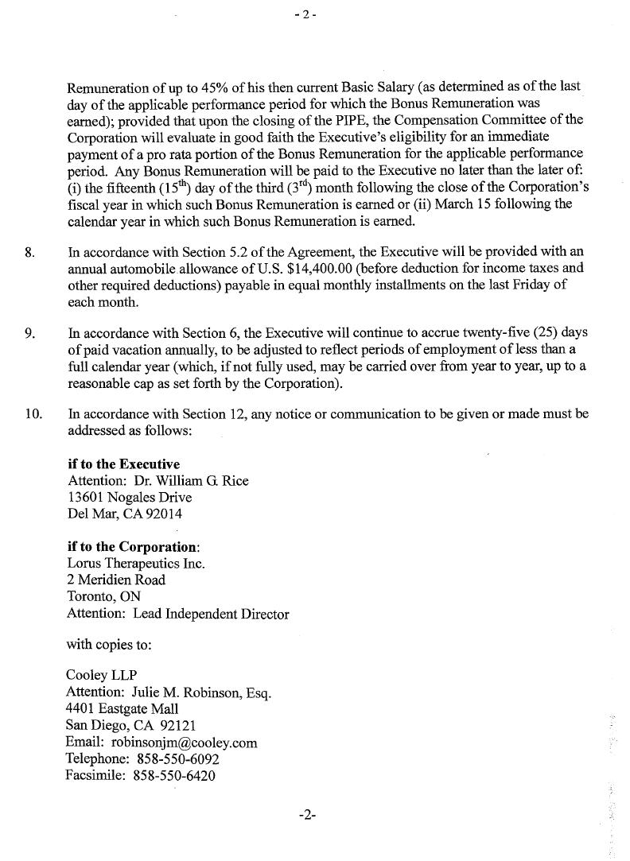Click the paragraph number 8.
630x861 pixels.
tap(29, 254)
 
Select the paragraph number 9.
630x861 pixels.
tap(29, 332)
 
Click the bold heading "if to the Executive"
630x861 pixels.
tap(124, 463)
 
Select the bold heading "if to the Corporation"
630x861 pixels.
tap(133, 547)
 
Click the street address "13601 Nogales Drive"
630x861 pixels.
tap(130, 497)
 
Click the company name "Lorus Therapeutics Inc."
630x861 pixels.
tap(136, 564)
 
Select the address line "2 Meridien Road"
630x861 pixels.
tap(116, 580)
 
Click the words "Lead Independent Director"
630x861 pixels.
tap(211, 614)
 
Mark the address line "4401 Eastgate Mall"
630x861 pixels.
tap(122, 709)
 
